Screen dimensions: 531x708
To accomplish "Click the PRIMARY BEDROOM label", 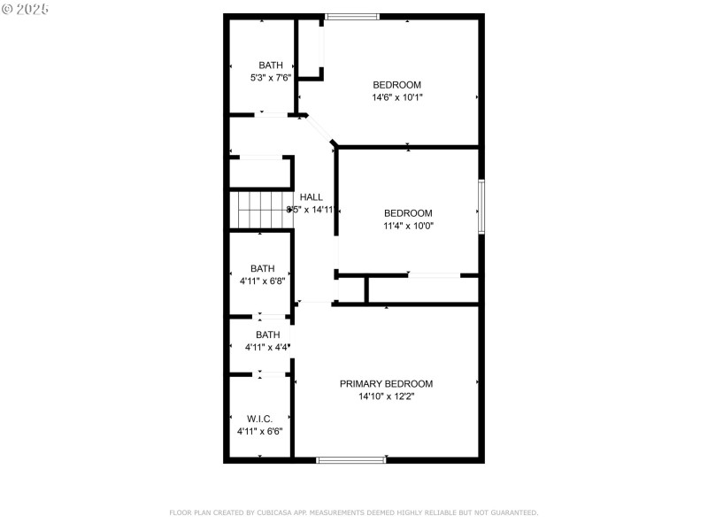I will click(x=387, y=383).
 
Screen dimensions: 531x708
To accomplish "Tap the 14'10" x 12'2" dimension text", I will click(x=387, y=396).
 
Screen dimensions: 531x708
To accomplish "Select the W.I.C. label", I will click(x=259, y=418).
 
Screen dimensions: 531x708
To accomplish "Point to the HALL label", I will click(x=311, y=196).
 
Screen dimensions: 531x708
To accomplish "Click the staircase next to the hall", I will click(x=264, y=210).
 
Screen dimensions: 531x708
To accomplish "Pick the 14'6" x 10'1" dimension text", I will click(x=396, y=97).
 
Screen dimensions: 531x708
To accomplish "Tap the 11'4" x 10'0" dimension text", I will click(x=408, y=226).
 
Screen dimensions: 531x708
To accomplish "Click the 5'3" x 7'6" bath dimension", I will click(x=271, y=77).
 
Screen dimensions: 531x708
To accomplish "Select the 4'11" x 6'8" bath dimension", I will click(x=262, y=281).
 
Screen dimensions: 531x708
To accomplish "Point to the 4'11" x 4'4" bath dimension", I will click(x=267, y=347).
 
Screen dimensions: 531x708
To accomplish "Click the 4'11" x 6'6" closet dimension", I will click(x=259, y=430).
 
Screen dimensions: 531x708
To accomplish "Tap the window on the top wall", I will click(x=352, y=16).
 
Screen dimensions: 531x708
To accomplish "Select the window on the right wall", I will click(x=481, y=206).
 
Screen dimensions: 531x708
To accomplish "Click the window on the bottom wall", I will click(x=351, y=459).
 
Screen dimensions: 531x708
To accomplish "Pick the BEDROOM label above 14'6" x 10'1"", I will click(x=396, y=85).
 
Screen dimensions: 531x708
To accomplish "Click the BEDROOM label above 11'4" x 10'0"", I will click(x=408, y=212).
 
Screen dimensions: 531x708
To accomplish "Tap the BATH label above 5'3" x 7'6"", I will click(x=271, y=65).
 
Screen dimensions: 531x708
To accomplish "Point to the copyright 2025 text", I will click(x=26, y=8).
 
